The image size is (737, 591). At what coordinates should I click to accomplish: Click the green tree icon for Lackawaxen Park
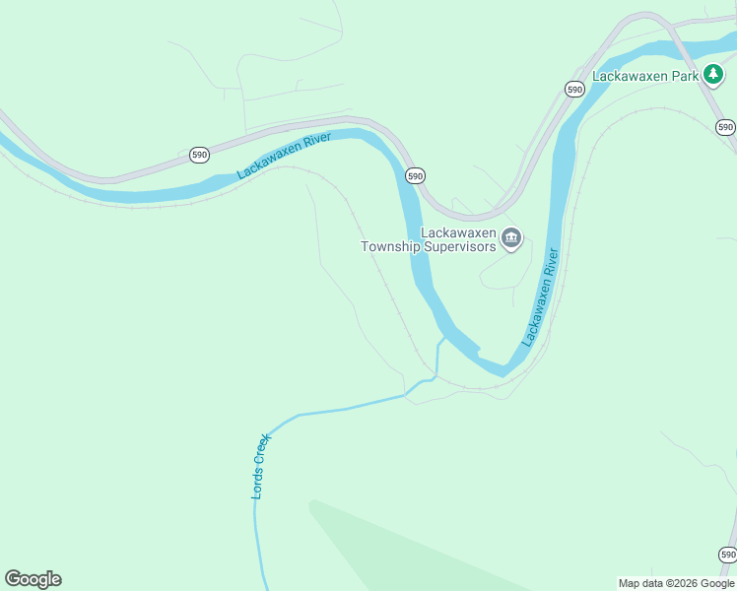(x=712, y=75)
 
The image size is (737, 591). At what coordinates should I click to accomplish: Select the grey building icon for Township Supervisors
(x=511, y=238)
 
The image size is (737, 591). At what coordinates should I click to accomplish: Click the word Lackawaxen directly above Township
(x=458, y=232)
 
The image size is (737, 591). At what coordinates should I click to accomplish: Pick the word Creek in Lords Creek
(x=261, y=450)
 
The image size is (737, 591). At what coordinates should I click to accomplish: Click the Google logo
(x=33, y=579)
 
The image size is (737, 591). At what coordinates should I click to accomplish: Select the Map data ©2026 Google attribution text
(x=676, y=583)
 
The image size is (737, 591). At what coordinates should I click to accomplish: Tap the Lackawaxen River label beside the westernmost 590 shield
(x=284, y=156)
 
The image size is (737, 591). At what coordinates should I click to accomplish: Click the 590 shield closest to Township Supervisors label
(x=415, y=175)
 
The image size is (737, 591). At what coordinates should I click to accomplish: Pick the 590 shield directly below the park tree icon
(x=725, y=127)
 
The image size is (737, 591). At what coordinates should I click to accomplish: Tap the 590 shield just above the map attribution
(x=727, y=555)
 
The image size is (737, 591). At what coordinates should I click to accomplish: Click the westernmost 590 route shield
(x=200, y=155)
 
